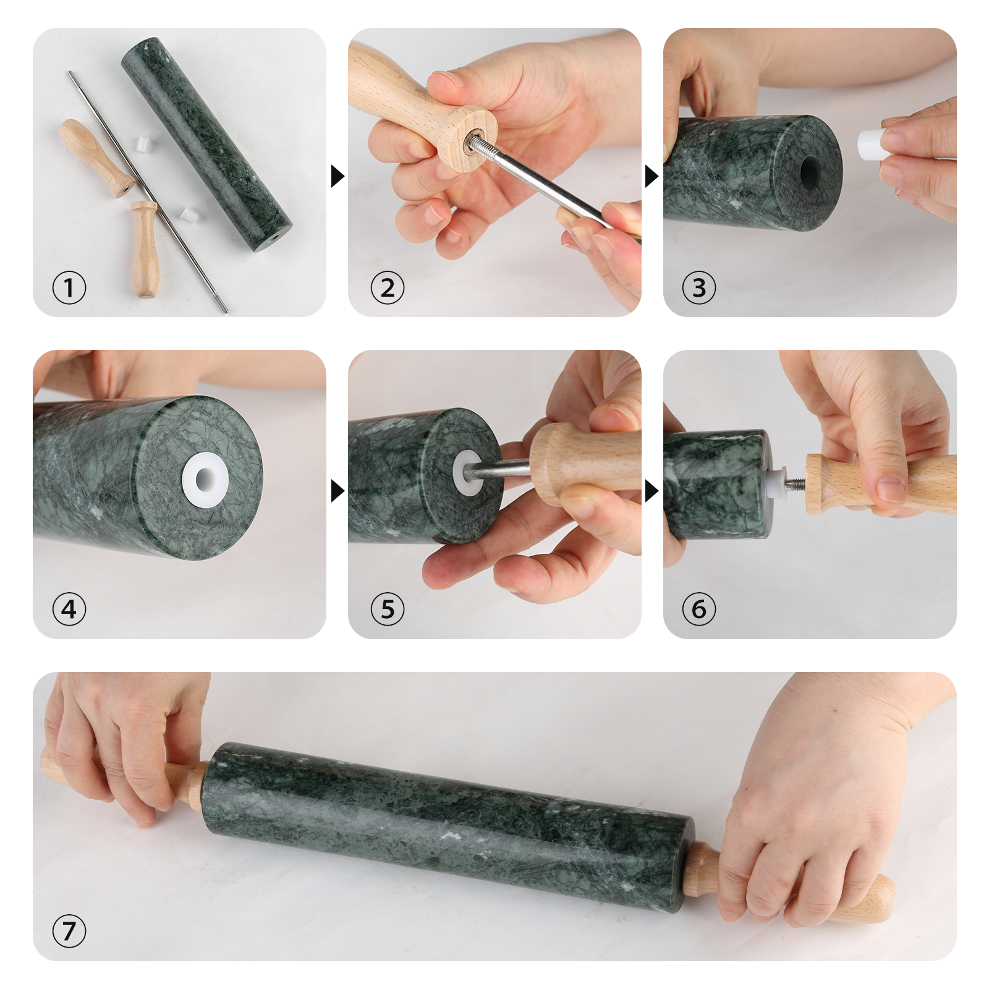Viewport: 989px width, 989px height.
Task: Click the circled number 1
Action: (69, 287)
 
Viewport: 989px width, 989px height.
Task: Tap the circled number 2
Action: (387, 287)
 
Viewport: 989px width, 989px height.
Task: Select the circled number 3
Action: (698, 287)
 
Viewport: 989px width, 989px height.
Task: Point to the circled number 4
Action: (69, 609)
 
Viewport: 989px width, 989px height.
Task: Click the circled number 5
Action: (387, 609)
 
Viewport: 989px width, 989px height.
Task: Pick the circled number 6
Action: (698, 609)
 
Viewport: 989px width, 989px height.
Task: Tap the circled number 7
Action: (69, 931)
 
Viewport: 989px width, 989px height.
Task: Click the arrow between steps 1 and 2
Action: (337, 176)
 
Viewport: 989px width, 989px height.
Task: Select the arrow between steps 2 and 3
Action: (651, 176)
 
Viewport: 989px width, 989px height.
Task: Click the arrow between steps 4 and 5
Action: (337, 491)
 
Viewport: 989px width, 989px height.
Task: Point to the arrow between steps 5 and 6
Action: (651, 491)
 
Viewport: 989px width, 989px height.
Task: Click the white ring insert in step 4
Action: (205, 479)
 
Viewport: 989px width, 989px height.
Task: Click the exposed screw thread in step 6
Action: (796, 483)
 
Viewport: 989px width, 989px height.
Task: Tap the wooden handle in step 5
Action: (581, 461)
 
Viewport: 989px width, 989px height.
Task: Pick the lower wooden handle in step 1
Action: (145, 250)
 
